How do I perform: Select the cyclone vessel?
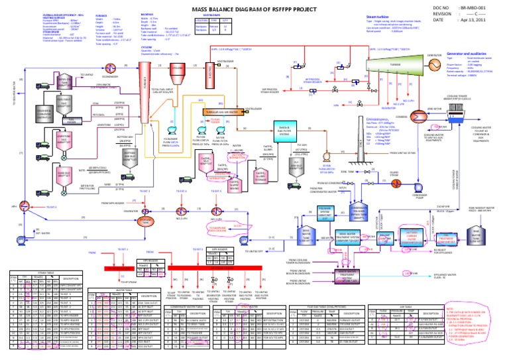(x=177, y=70)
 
